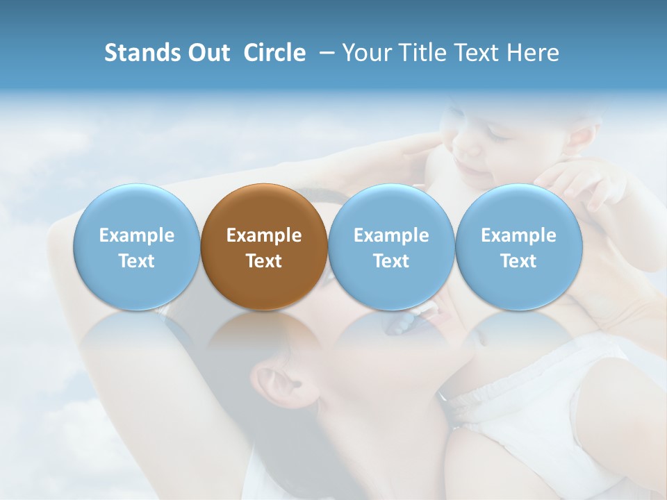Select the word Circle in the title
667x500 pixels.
tap(274, 53)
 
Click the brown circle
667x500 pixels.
tap(264, 247)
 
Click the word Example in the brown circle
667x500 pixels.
tap(264, 235)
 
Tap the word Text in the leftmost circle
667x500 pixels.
tap(137, 261)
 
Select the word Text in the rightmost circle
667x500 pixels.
tap(518, 261)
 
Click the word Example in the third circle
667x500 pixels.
tap(391, 235)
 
